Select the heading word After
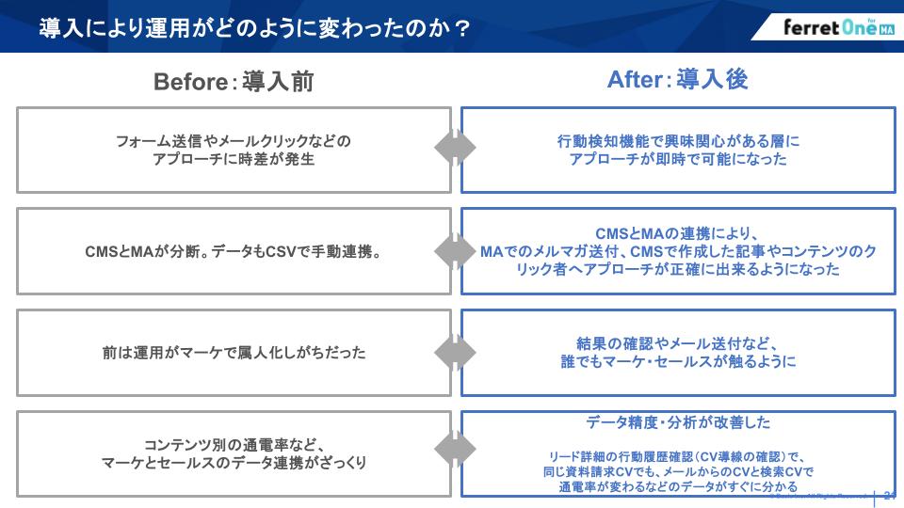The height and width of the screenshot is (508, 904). (x=636, y=81)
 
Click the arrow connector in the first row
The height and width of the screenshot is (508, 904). (x=455, y=149)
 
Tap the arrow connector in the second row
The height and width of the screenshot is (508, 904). (x=455, y=251)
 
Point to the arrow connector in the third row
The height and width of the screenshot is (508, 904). (x=455, y=353)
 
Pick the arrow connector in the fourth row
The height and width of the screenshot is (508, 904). (x=455, y=453)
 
